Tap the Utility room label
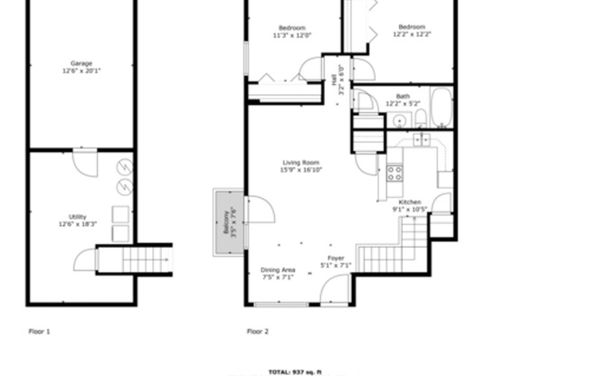pos(78,220)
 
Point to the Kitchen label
pos(410,205)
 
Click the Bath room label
pos(402,99)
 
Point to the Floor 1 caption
pos(39,332)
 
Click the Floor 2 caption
pos(258,332)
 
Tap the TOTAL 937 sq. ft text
pos(295,371)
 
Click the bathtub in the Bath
pos(441,108)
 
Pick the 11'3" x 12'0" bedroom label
pos(292,32)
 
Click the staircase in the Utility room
pos(146,259)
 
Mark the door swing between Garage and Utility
pos(85,164)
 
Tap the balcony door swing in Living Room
pos(260,211)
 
